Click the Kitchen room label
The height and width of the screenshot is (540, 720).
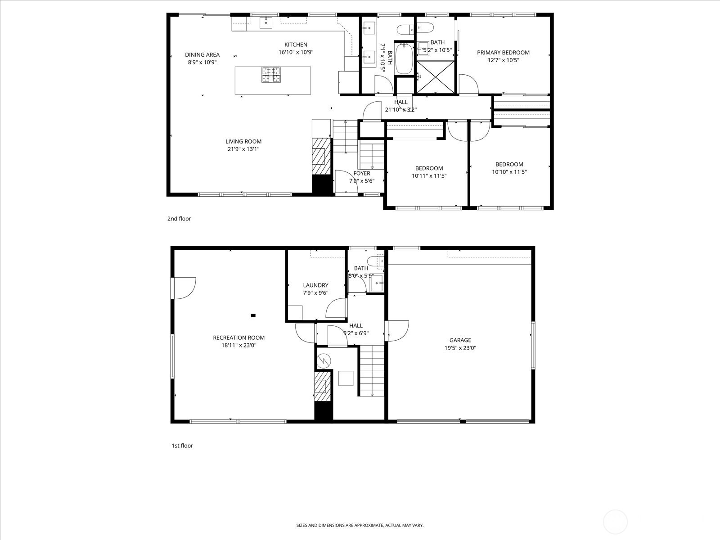(x=296, y=45)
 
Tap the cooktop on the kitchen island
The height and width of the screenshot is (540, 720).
(x=271, y=75)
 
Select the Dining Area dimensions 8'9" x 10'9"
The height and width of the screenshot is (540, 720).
(x=202, y=62)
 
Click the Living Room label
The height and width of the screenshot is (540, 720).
(x=244, y=141)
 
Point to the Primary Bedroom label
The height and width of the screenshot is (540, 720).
(x=503, y=52)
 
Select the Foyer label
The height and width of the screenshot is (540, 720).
(x=362, y=173)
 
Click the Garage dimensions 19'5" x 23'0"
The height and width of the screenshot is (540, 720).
(x=460, y=348)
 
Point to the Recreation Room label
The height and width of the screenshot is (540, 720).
(x=238, y=337)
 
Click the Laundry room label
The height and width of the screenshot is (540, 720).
(x=315, y=285)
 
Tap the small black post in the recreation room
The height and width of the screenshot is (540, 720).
(x=253, y=315)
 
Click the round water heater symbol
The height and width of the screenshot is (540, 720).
(x=324, y=360)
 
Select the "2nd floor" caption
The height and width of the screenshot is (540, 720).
(x=179, y=219)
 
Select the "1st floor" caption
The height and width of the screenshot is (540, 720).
(x=182, y=445)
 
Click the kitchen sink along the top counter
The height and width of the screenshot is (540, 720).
(x=266, y=21)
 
